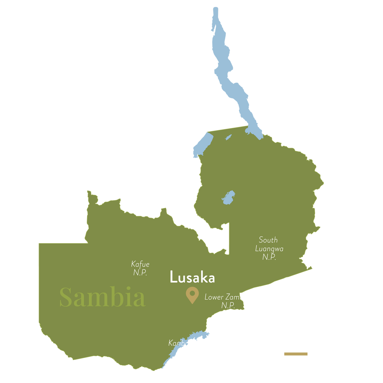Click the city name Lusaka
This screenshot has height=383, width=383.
pyautogui.click(x=192, y=277)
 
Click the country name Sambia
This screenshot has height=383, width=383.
pyautogui.click(x=102, y=297)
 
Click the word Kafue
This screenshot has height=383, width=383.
pyautogui.click(x=140, y=264)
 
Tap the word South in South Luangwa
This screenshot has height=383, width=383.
pyautogui.click(x=268, y=240)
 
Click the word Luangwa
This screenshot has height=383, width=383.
pyautogui.click(x=269, y=249)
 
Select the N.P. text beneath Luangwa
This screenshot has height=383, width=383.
pyautogui.click(x=269, y=257)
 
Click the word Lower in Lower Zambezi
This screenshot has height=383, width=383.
pyautogui.click(x=214, y=297)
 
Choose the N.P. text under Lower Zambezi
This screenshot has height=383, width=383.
pyautogui.click(x=228, y=305)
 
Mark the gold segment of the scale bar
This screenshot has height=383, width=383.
pyautogui.click(x=296, y=354)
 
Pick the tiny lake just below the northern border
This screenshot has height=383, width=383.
pyautogui.click(x=228, y=138)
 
